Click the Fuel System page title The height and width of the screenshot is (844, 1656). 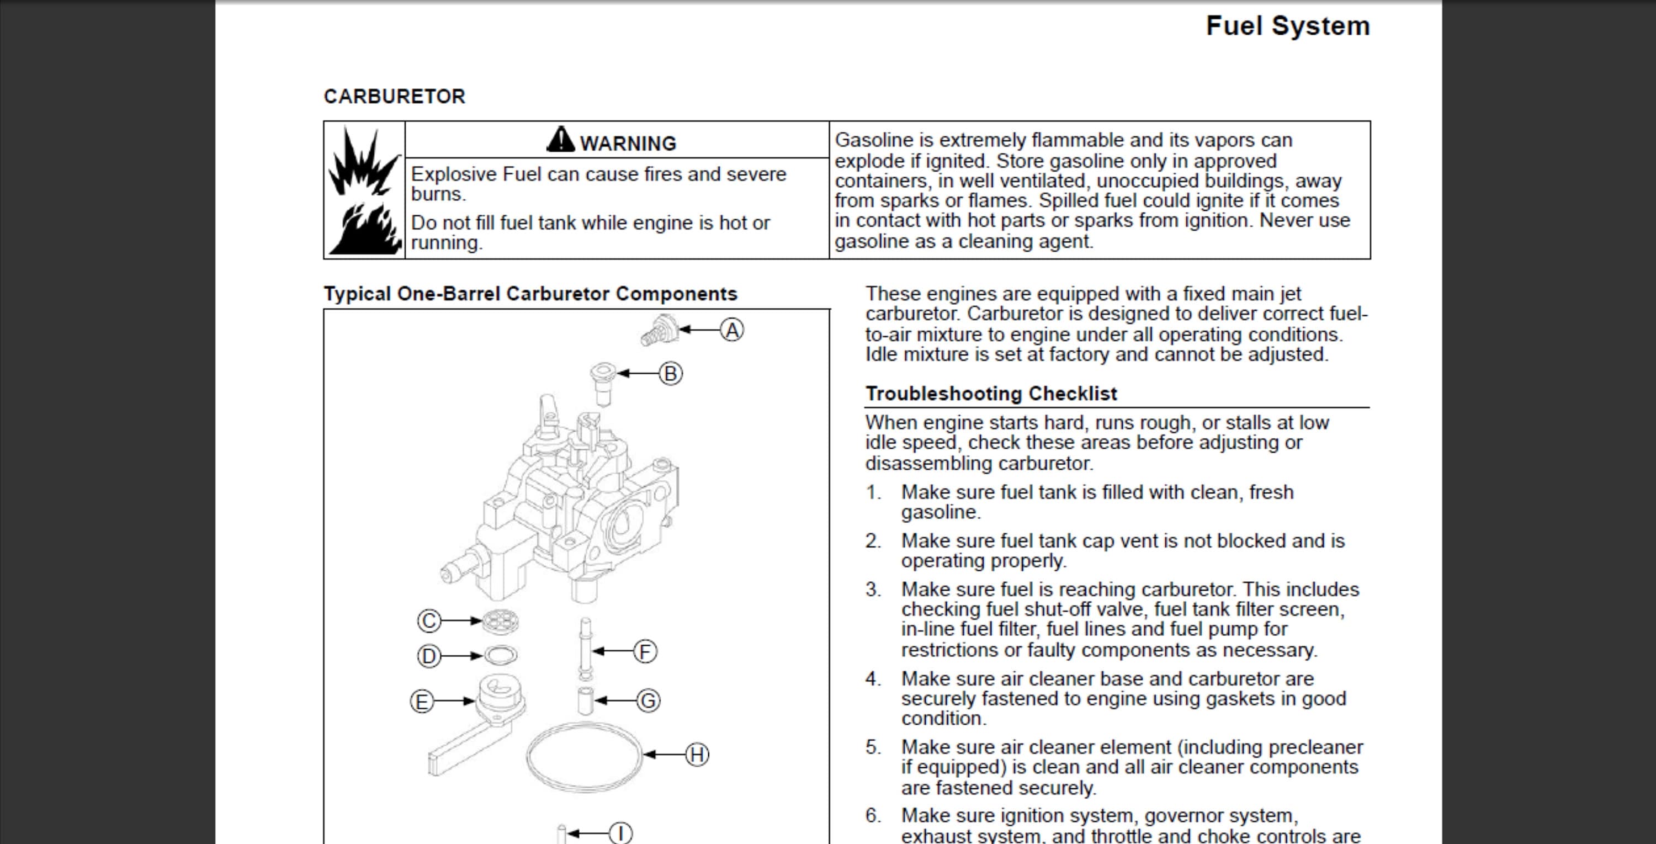pos(1287,26)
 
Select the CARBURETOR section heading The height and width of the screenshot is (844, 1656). pos(394,97)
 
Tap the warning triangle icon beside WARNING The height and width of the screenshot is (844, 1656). pos(561,140)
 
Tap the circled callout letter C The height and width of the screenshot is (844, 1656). pos(429,621)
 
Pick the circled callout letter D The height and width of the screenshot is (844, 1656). pos(429,656)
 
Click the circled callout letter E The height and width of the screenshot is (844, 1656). pos(422,701)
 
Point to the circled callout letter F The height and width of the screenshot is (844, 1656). pos(645,651)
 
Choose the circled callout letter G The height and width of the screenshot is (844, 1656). pos(648,700)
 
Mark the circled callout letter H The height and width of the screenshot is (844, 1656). pos(697,755)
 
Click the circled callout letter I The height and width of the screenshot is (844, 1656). pos(620,834)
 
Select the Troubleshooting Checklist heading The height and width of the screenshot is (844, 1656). pos(991,394)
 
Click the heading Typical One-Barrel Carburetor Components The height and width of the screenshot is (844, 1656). pos(530,294)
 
